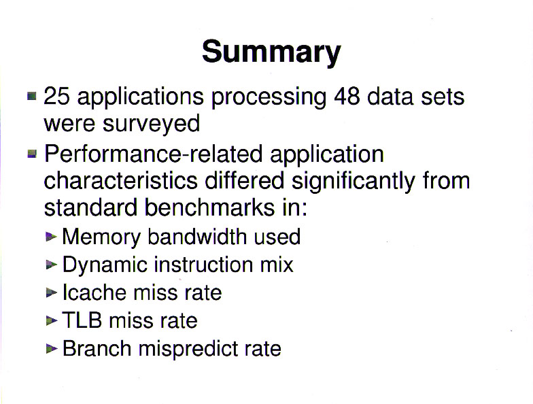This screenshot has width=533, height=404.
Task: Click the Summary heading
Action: (271, 52)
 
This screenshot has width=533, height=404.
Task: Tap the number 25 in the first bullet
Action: (57, 97)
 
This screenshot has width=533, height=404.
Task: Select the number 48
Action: (347, 97)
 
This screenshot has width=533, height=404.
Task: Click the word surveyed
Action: (151, 124)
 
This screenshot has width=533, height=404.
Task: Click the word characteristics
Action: (121, 180)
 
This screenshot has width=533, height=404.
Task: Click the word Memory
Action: (101, 237)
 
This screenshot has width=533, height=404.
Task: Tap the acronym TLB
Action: (82, 320)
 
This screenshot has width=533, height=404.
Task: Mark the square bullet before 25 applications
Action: (31, 97)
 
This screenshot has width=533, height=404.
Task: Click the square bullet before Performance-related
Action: (31, 154)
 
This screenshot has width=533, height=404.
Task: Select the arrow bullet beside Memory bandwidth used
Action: (51, 236)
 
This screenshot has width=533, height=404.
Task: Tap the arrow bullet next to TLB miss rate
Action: (51, 320)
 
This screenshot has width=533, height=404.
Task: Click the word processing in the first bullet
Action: (269, 98)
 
